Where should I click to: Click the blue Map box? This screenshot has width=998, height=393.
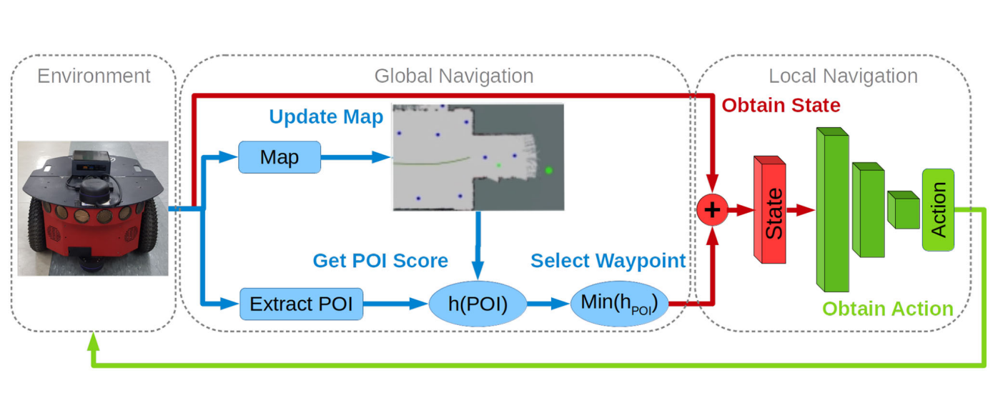(x=280, y=157)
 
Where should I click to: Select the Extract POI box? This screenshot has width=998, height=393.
(x=301, y=304)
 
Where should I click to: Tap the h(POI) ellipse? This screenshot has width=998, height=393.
(x=477, y=304)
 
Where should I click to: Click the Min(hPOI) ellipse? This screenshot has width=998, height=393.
(x=619, y=304)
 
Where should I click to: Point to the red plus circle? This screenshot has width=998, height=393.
(x=712, y=210)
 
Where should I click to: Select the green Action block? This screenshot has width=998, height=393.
(x=938, y=209)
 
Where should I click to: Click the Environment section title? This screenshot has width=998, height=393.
(x=94, y=76)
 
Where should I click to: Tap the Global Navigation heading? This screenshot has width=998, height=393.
(x=453, y=76)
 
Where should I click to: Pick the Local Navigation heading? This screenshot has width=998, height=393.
(x=843, y=76)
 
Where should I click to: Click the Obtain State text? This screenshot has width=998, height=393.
(x=781, y=106)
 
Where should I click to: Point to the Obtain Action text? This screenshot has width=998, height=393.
(x=887, y=309)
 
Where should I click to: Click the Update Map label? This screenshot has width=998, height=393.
(x=326, y=116)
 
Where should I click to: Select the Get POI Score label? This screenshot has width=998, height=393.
(x=380, y=261)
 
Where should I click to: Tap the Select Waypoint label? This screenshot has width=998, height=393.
(x=608, y=261)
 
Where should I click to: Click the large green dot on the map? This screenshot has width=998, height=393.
(x=549, y=170)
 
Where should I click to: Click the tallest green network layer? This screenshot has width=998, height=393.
(x=832, y=212)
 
